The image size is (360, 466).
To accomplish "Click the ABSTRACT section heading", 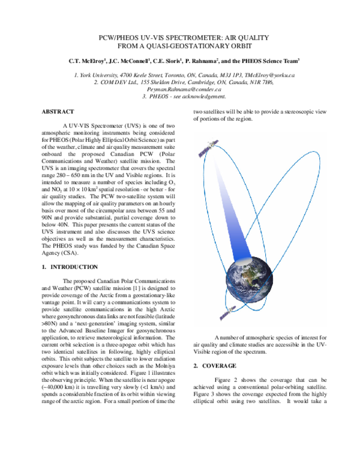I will click(x=58, y=112).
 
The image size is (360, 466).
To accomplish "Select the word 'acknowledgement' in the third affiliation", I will click(x=189, y=95).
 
